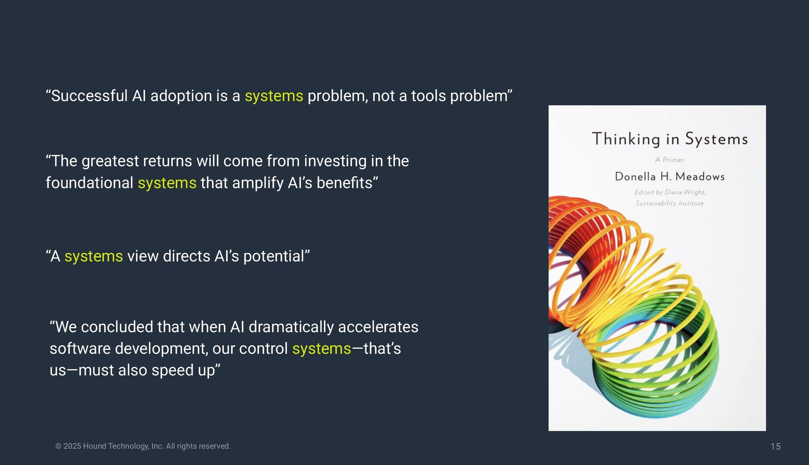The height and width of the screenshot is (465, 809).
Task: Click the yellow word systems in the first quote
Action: (x=274, y=96)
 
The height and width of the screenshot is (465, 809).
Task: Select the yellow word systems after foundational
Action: (x=167, y=184)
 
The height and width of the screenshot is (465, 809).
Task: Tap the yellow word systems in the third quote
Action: (x=94, y=257)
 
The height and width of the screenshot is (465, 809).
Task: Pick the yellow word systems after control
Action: (x=321, y=349)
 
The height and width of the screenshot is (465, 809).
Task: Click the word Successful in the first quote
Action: (x=89, y=96)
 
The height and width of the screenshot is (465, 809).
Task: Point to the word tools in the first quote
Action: (x=429, y=96)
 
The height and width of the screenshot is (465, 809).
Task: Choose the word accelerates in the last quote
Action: (x=378, y=327)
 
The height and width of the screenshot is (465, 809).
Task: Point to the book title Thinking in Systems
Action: (x=670, y=139)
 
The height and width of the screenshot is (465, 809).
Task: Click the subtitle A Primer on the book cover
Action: (x=670, y=160)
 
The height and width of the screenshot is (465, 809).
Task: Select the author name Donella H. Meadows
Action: (x=670, y=176)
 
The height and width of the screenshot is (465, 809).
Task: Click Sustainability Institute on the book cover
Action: (x=670, y=203)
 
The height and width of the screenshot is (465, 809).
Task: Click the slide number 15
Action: (x=776, y=446)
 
